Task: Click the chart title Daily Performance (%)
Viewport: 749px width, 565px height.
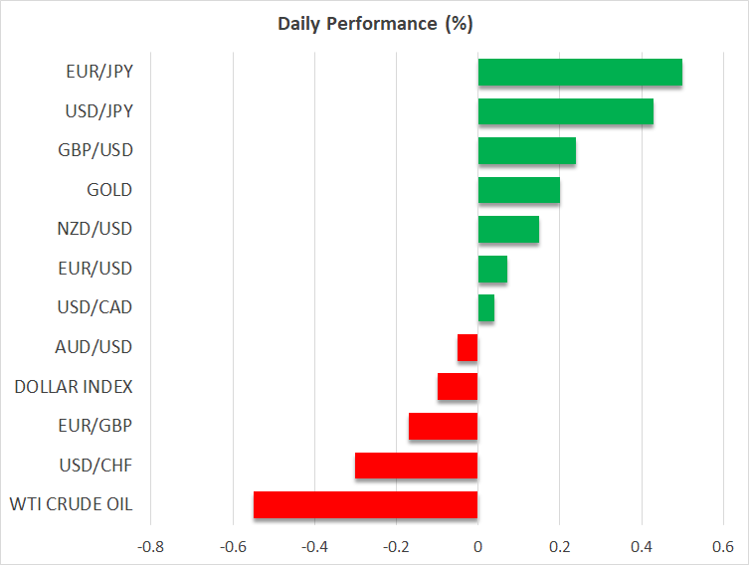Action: (x=374, y=23)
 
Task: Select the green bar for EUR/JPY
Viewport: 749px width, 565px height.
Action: (x=580, y=73)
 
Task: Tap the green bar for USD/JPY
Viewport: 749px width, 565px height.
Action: (x=566, y=111)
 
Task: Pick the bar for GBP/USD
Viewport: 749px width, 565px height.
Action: (x=527, y=151)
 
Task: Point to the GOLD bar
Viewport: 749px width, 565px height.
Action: (x=519, y=190)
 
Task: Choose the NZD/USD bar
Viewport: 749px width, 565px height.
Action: (x=508, y=229)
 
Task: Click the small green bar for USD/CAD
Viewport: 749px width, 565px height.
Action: (x=486, y=308)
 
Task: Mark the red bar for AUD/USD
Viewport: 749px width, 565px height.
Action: (x=468, y=347)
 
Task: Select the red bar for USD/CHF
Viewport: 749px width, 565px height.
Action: (x=417, y=466)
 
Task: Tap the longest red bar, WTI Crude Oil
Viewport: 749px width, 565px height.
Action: (x=366, y=504)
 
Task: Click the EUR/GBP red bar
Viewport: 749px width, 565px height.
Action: (x=444, y=426)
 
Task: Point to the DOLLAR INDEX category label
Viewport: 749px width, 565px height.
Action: (x=74, y=387)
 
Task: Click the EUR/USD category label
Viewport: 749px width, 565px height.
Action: (x=95, y=269)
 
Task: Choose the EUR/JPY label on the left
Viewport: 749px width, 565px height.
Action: (x=98, y=72)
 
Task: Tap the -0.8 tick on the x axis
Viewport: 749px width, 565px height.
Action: (x=150, y=546)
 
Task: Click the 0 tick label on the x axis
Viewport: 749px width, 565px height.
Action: (x=477, y=546)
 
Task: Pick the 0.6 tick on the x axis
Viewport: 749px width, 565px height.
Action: (x=723, y=546)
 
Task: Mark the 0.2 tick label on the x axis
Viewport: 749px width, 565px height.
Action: (x=560, y=546)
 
